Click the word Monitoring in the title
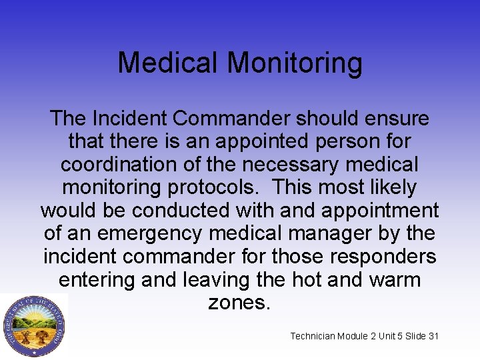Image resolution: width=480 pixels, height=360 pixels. coord(295,64)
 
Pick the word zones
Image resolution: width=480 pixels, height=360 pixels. coord(239,302)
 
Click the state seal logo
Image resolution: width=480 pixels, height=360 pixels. coord(33,326)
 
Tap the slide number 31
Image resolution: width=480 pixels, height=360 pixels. coord(433,336)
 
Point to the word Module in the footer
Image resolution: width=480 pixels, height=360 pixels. coord(356,336)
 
